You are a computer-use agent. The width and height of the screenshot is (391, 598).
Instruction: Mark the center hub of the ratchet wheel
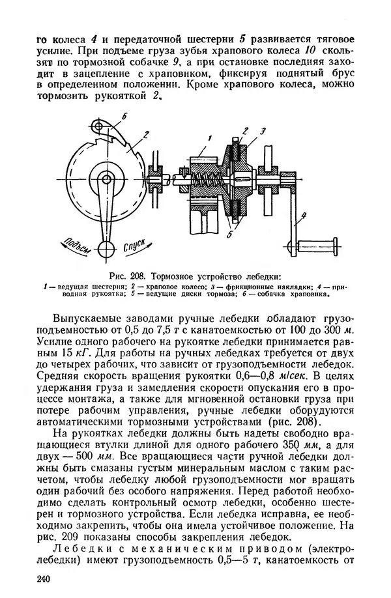103,176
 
